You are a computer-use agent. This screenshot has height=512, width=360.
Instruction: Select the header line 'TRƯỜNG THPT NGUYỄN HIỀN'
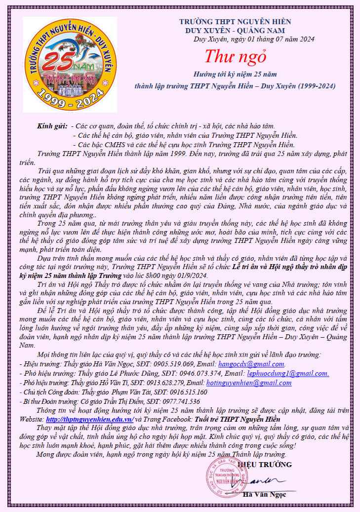click(235, 22)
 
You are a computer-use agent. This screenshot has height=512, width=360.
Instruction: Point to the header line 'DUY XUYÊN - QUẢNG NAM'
click(235, 30)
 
